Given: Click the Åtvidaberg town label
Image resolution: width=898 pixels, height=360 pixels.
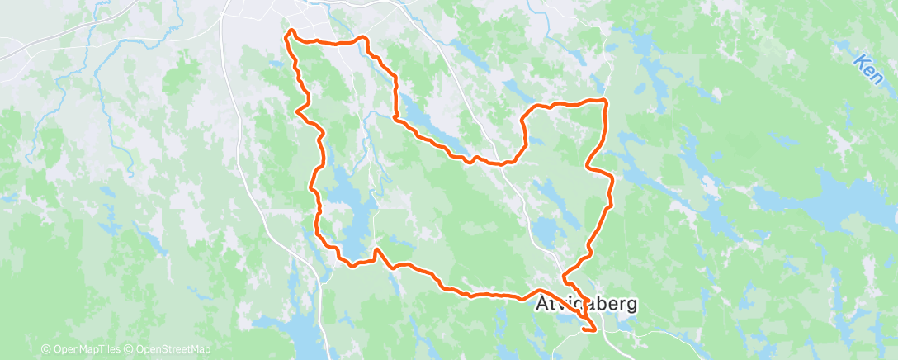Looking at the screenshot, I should click(x=587, y=304).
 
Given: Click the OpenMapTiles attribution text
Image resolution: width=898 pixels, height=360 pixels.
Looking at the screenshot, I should click(x=85, y=349).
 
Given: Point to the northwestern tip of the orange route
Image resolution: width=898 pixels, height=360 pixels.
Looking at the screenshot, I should click(x=290, y=32).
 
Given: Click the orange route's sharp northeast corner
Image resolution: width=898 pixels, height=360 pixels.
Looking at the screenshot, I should click(x=606, y=100).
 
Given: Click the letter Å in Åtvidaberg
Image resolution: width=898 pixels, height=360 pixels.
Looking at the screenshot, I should click(x=545, y=303).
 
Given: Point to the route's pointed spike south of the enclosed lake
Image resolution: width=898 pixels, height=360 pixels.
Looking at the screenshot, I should click(x=376, y=249).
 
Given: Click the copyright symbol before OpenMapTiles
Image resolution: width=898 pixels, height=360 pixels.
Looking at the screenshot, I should click(x=45, y=349).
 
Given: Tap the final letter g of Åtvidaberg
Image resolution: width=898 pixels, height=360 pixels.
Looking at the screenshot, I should click(x=631, y=306).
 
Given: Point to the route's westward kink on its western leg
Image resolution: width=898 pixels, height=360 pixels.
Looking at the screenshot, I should click(x=297, y=107).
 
